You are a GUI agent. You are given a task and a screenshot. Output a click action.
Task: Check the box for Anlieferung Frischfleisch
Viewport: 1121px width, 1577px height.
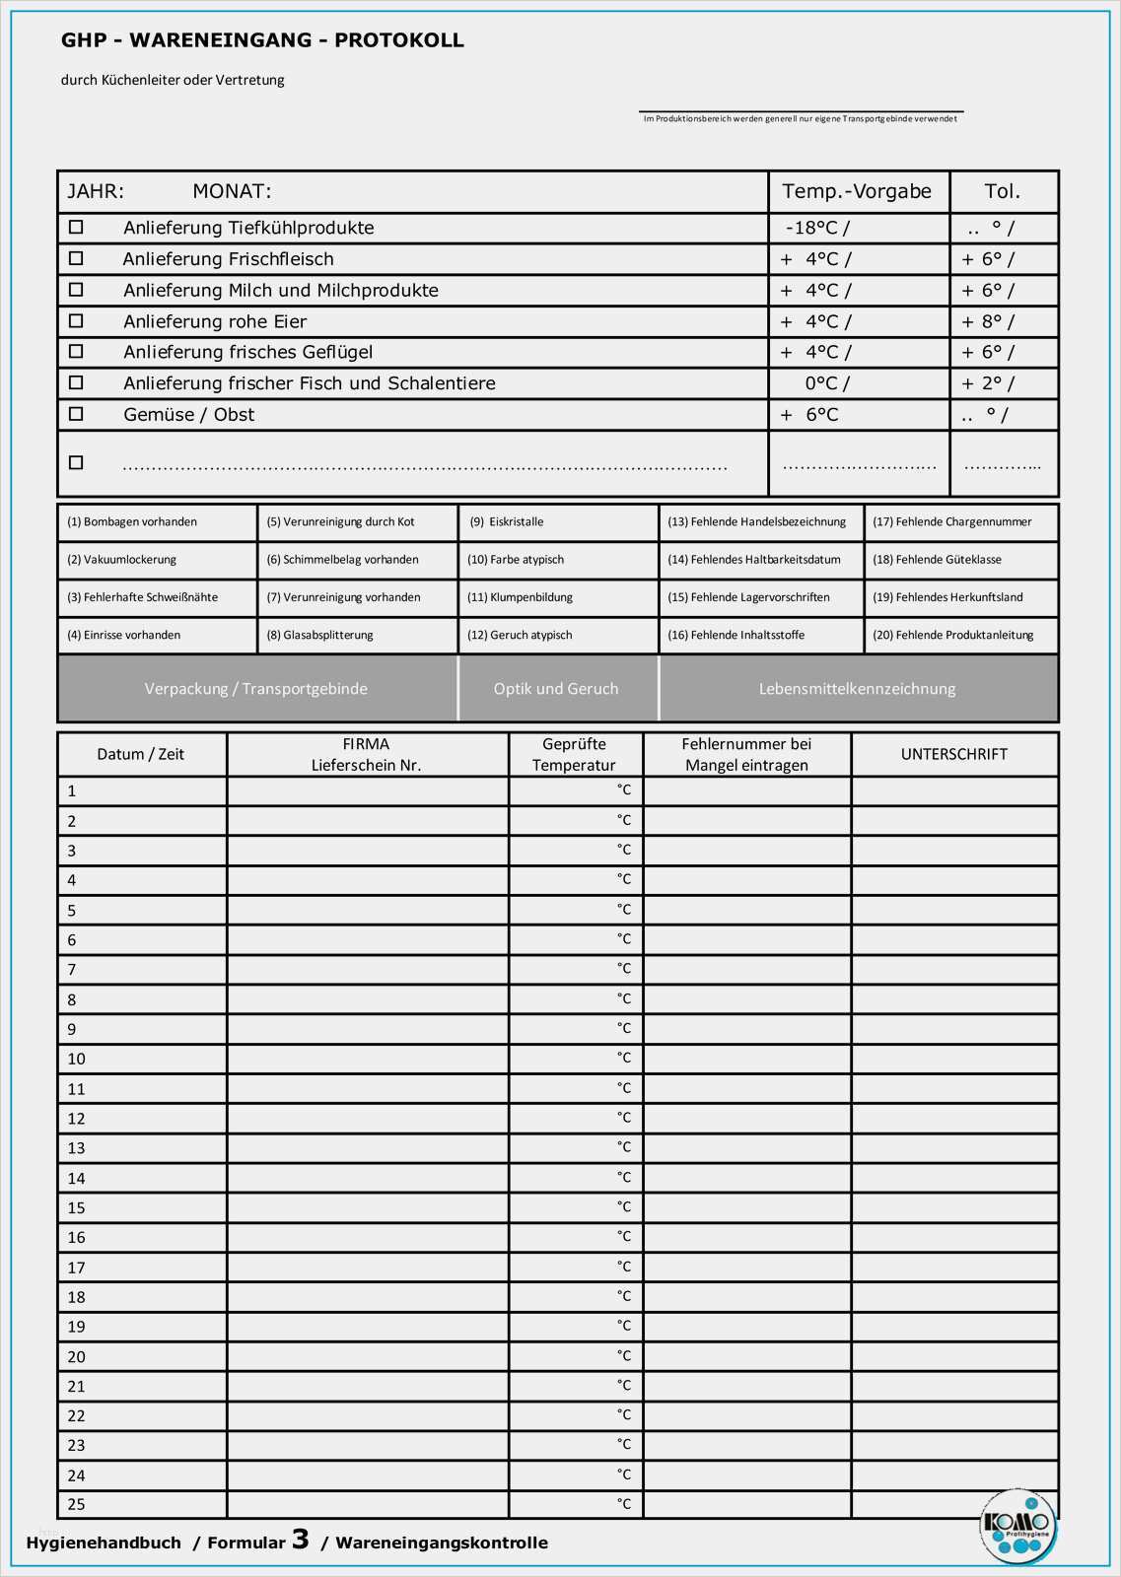[x=76, y=259]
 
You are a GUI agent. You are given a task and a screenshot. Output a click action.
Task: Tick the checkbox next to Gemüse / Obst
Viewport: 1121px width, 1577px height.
[x=76, y=415]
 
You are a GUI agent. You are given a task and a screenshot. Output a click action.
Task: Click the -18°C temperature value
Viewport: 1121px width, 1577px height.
[x=810, y=228]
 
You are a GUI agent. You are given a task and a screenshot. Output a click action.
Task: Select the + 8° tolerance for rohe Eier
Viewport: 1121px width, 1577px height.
[x=982, y=321]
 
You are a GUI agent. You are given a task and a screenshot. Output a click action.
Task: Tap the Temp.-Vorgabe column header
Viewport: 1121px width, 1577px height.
[x=856, y=191]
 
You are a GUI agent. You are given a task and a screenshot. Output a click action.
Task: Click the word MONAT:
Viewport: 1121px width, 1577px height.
[x=232, y=191]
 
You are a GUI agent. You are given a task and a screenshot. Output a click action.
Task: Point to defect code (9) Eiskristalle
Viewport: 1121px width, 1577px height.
[x=507, y=522]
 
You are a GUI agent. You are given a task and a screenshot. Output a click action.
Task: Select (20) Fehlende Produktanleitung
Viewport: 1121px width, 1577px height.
[x=952, y=636]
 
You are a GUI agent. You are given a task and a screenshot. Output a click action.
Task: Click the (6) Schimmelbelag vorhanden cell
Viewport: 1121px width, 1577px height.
[x=342, y=560]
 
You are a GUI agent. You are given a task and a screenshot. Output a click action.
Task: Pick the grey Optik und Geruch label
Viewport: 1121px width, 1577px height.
[x=556, y=689]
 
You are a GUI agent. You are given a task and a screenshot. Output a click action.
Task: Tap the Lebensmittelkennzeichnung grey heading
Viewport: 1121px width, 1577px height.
[x=857, y=689]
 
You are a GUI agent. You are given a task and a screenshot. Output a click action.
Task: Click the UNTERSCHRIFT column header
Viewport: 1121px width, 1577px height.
[x=953, y=754]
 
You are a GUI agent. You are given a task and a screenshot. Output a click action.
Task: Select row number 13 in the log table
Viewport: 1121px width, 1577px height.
[x=76, y=1148]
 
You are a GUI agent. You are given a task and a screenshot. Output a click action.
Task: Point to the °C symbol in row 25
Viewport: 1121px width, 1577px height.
[x=623, y=1504]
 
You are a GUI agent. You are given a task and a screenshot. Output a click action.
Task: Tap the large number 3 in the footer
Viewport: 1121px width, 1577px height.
[x=300, y=1540]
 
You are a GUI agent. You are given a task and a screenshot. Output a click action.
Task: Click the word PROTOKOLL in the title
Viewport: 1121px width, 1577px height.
[x=398, y=40]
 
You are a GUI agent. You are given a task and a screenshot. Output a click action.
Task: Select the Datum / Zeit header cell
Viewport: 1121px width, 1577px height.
[x=141, y=754]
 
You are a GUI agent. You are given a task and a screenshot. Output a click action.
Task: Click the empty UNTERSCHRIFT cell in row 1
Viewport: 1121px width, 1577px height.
[x=953, y=790]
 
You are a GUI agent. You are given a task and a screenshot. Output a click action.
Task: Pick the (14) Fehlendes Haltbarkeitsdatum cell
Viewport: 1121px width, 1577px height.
[x=754, y=560]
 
